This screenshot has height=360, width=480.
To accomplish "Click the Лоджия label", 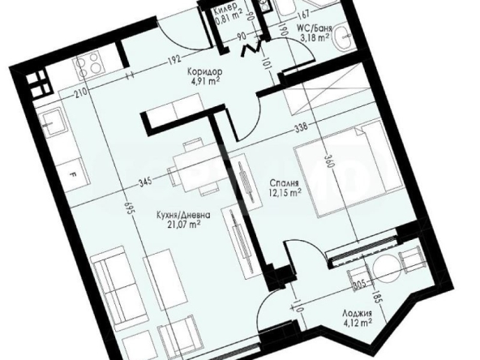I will click(357, 314).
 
